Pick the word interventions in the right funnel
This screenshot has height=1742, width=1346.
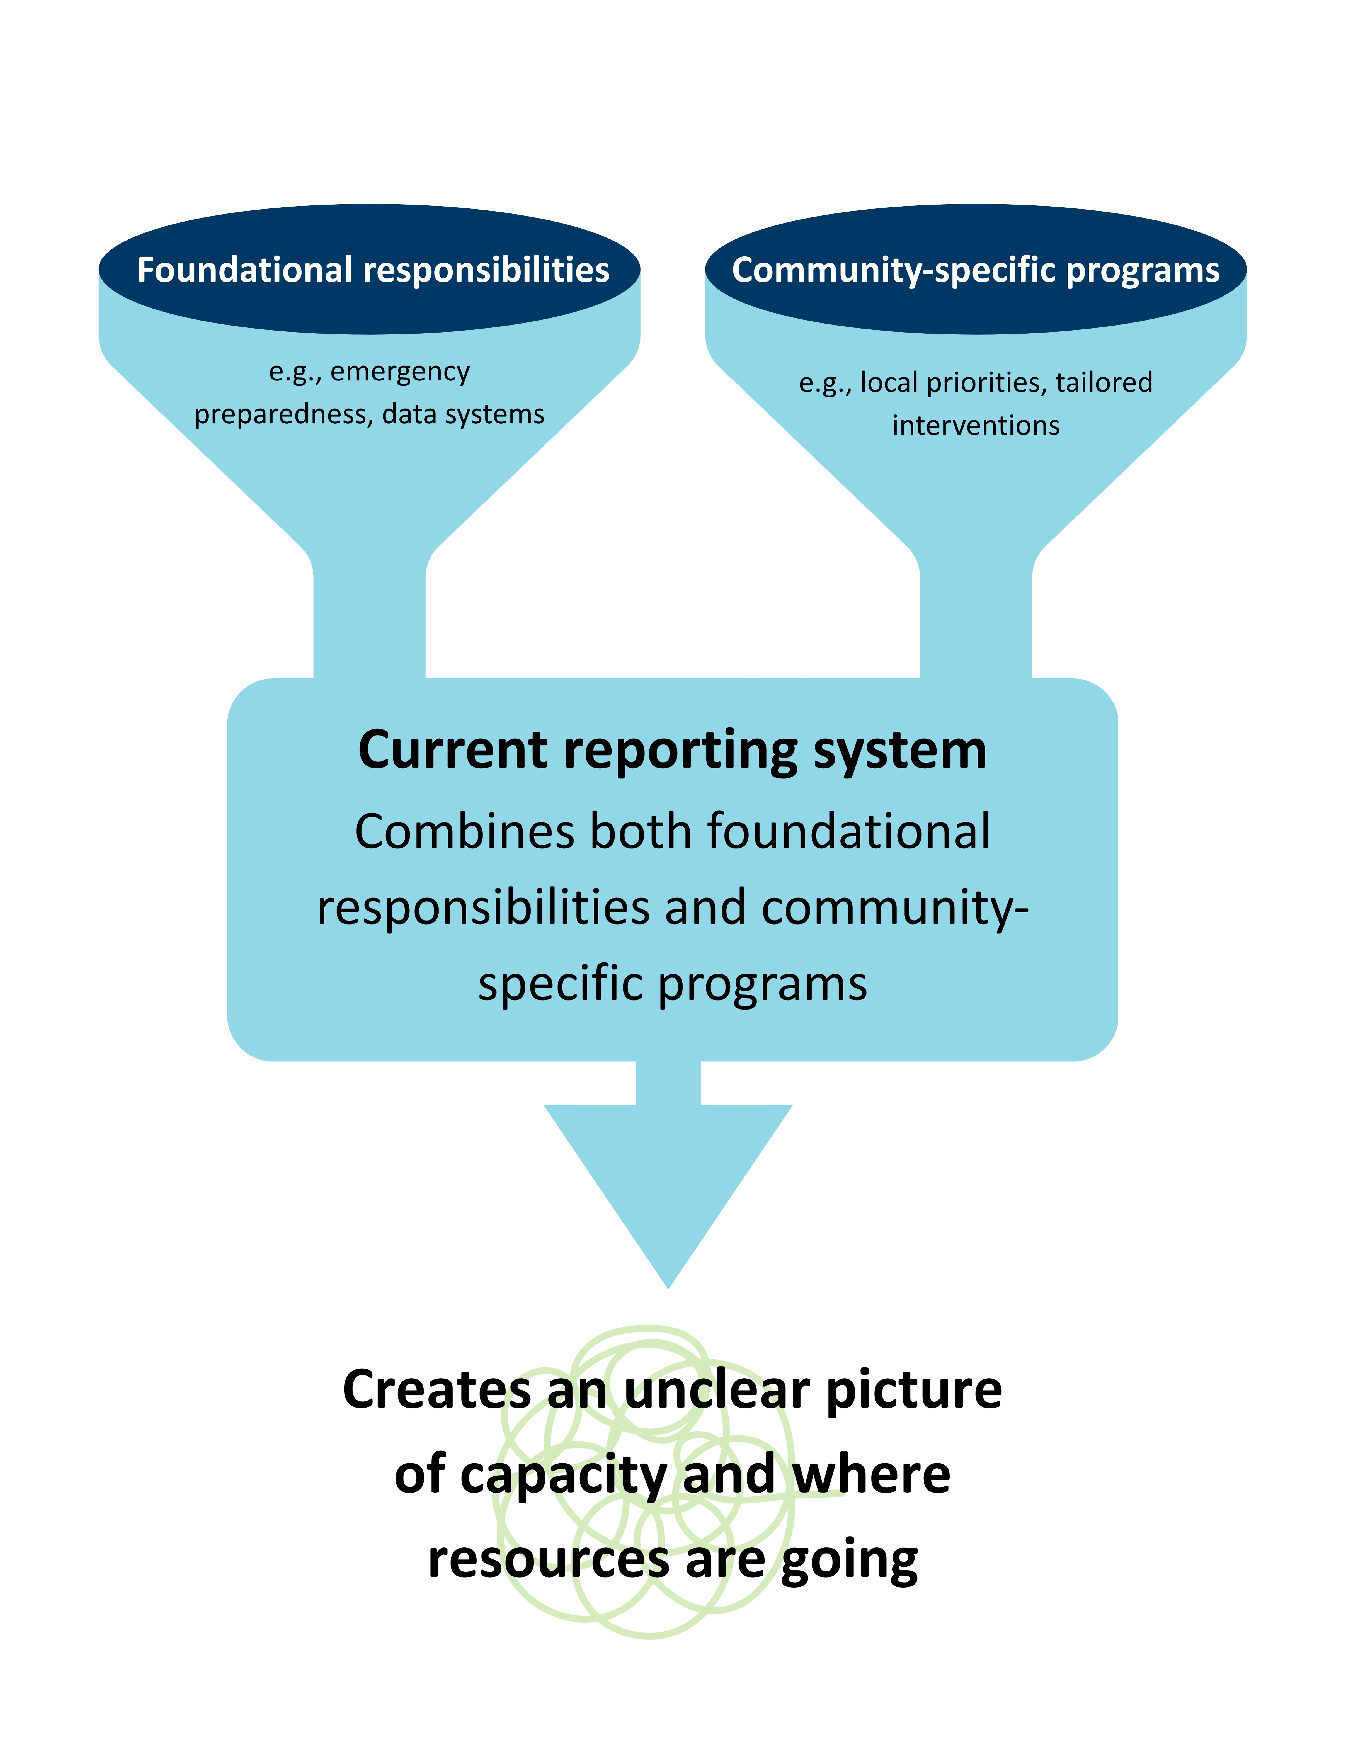pos(976,426)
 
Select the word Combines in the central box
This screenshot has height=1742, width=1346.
pos(464,832)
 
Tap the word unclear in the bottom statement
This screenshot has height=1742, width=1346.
pos(717,1389)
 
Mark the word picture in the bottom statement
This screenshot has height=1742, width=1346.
pos(914,1389)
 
